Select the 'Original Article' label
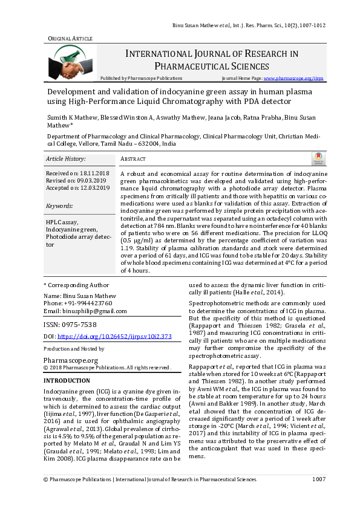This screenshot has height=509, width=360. (70, 38)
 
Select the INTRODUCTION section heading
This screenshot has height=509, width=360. (67, 381)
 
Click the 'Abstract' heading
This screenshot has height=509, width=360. (134, 159)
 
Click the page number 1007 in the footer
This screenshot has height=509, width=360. (319, 496)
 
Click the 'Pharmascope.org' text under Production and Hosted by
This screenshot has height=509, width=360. (71, 360)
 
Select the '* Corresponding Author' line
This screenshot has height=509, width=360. (73, 284)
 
